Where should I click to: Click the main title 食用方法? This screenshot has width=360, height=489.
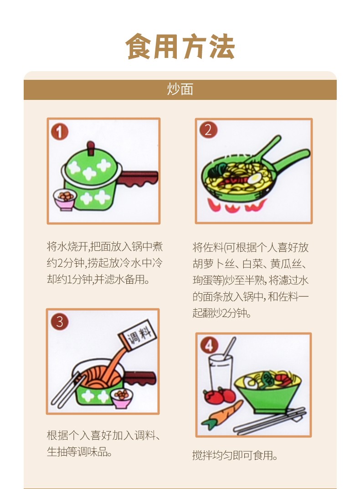pos(180,47)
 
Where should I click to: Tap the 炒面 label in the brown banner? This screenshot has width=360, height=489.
pos(180,89)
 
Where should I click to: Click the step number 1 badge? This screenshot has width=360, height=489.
pos(60,131)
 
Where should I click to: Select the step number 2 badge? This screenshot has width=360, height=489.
pos(208,130)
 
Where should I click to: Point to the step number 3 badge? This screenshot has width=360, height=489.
pos(60,322)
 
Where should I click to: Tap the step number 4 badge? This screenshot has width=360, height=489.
pos(209,345)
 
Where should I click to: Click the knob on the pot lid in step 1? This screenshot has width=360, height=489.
pos(91,148)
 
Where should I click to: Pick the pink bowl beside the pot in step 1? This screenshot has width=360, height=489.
pos(64,199)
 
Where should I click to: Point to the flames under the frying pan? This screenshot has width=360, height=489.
pos(236,206)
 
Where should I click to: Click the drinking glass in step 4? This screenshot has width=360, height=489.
pos(220,373)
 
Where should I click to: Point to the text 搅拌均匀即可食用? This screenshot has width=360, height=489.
pos(235,456)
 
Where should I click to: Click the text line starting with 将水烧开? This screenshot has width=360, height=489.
pos(105,247)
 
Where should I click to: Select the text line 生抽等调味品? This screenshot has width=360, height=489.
pos(80,451)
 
